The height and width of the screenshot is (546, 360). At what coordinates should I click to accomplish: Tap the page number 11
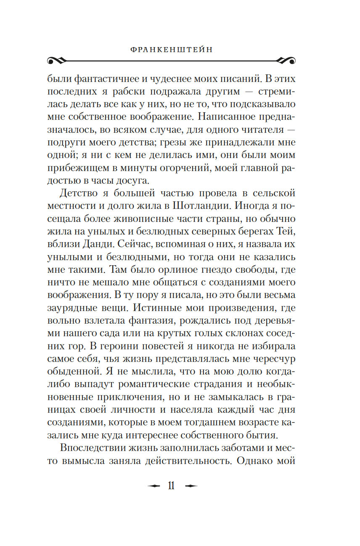(171, 486)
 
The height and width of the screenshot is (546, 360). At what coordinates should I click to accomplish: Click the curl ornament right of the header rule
(286, 60)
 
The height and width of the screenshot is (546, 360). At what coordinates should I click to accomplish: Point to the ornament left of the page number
(154, 486)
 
